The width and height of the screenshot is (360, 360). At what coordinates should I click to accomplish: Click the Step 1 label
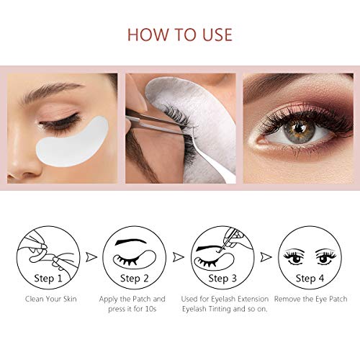pyautogui.click(x=45, y=276)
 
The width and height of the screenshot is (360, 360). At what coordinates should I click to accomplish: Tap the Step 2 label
pyautogui.click(x=135, y=276)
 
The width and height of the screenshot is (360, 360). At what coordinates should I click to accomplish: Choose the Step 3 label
pyautogui.click(x=224, y=276)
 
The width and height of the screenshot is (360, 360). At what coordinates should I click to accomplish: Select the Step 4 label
pyautogui.click(x=310, y=276)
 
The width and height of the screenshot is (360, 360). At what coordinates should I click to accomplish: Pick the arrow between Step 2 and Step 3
pyautogui.click(x=179, y=256)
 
